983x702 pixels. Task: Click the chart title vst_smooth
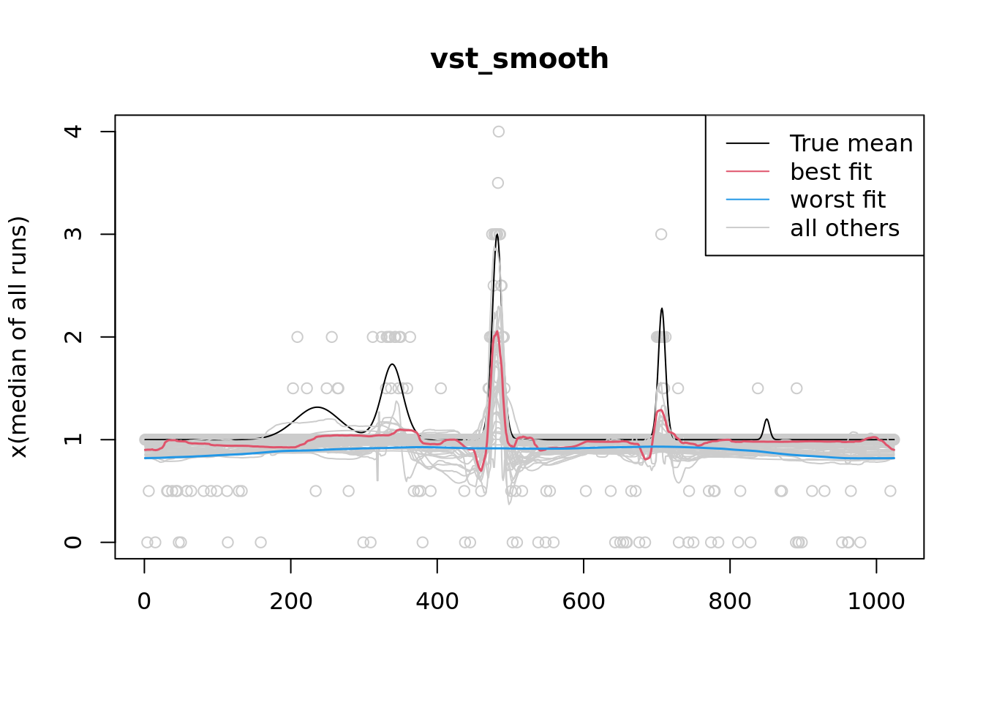tap(519, 59)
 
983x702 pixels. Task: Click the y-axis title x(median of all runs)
tap(19, 337)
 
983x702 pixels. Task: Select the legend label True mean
tap(851, 143)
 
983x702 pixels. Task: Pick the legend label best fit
tap(831, 172)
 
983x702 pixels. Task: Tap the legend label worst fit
tap(837, 200)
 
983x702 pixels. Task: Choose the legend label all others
tap(845, 228)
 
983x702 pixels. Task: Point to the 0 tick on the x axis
tap(144, 601)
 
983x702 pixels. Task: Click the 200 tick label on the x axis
tap(291, 601)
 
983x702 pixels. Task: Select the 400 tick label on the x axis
tap(437, 601)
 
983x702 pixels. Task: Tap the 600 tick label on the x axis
tap(584, 601)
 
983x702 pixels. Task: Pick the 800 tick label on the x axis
tap(730, 601)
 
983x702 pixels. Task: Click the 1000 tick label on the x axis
tap(876, 601)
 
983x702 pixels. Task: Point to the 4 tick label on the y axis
tap(73, 132)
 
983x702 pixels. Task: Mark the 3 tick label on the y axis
tap(73, 234)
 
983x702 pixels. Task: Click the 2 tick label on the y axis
tap(73, 337)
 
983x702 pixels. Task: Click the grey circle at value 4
tap(499, 132)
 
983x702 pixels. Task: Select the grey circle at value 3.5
tap(498, 183)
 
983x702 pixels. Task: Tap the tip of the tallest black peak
tap(497, 234)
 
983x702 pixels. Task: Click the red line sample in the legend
tap(747, 172)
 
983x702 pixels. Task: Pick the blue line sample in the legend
tap(747, 200)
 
